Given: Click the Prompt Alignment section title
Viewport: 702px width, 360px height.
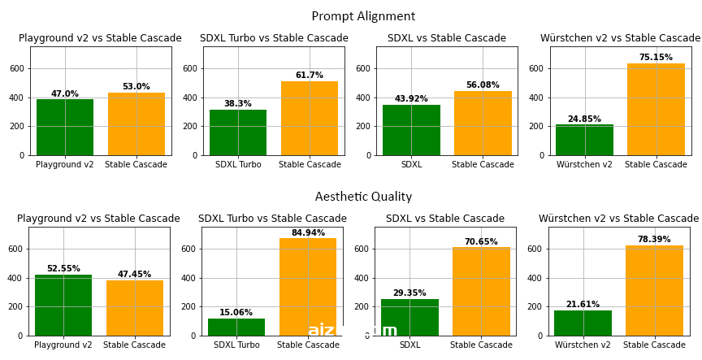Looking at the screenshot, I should tap(363, 16).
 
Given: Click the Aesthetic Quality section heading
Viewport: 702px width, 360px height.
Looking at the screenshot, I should tap(363, 197).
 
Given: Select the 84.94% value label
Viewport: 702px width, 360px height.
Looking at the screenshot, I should tap(309, 233).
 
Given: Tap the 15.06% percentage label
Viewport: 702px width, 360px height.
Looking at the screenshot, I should tap(236, 312).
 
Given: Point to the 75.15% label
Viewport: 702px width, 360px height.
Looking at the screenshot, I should tap(656, 58).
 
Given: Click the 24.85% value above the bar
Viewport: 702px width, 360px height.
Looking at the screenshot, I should tap(584, 119).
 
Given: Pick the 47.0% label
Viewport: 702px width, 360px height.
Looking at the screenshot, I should tap(65, 93).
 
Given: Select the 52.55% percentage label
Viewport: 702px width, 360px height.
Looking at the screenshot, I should tap(63, 268).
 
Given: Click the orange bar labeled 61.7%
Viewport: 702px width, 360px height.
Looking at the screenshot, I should tap(310, 118).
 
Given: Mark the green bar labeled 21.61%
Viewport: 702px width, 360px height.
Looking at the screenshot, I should tap(583, 323).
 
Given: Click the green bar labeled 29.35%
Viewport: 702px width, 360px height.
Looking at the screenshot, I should tap(410, 317).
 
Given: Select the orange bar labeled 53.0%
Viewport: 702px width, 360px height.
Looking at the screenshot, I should tap(136, 124).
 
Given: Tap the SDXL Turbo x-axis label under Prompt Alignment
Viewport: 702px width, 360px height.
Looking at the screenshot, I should tap(238, 165).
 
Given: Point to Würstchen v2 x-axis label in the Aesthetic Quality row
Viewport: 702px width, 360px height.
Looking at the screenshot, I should tap(583, 345).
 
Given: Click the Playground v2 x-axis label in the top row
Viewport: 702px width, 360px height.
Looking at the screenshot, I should tap(65, 165).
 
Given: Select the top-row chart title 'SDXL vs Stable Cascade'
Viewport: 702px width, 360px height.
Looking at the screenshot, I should tap(447, 38).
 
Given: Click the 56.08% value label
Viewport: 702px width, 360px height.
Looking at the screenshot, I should tap(483, 85).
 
